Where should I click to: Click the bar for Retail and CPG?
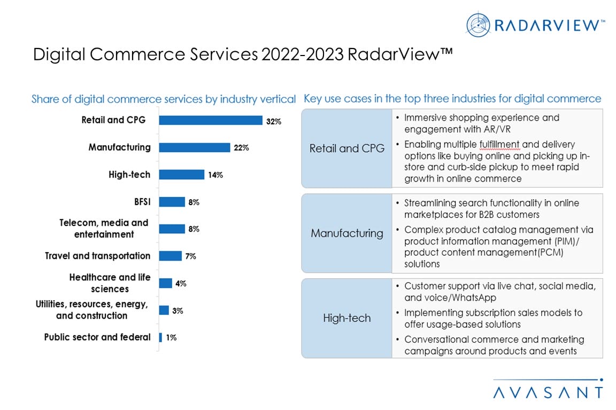point(211,121)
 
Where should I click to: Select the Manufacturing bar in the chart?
point(195,148)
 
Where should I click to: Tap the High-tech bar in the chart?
point(182,175)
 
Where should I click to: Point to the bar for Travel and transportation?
point(171,256)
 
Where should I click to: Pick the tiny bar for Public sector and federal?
point(160,337)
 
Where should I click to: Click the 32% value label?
point(274,121)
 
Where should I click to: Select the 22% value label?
point(241,148)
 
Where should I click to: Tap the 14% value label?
point(215,175)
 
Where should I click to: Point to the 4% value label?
point(181,283)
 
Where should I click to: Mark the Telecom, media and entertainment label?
point(104,228)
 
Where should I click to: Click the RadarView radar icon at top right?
point(478,24)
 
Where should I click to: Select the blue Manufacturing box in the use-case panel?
point(346,233)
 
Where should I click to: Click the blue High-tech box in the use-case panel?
point(346,318)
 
